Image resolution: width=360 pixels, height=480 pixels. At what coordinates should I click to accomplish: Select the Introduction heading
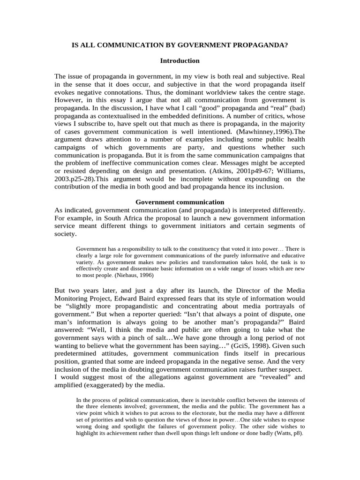pos(180,60)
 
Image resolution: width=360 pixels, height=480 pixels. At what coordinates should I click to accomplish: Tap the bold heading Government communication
pos(180,202)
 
